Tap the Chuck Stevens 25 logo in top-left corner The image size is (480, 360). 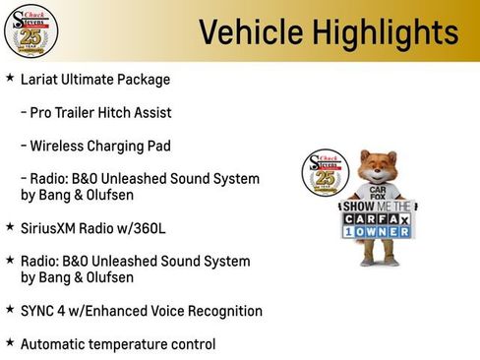30,30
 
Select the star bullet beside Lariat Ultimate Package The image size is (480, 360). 10,78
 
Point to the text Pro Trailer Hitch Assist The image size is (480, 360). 96,112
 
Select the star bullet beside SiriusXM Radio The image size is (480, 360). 10,226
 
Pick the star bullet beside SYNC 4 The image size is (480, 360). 10,310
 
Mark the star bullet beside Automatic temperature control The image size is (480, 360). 10,343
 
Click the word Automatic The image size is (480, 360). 56,344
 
